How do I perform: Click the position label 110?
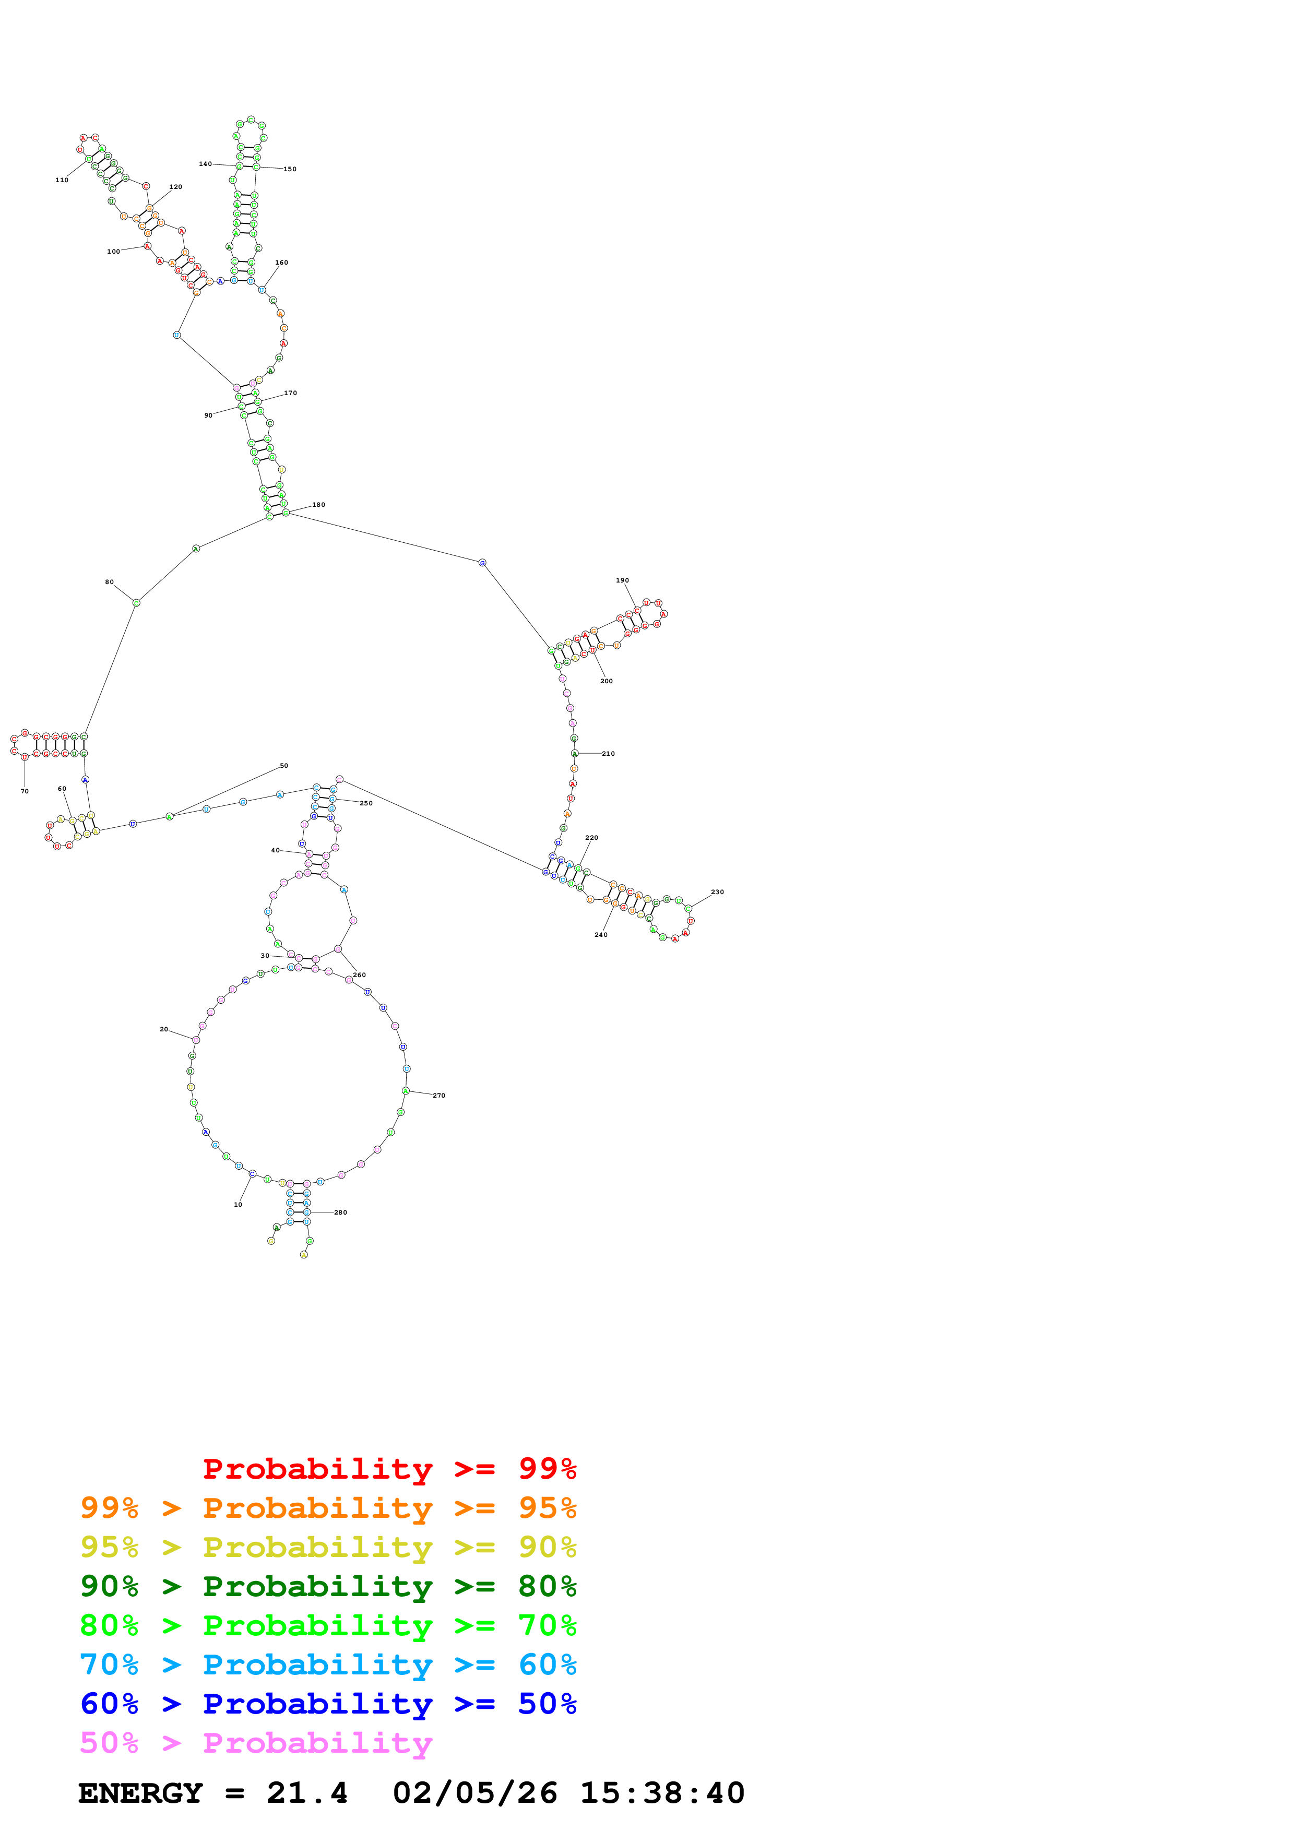[62, 180]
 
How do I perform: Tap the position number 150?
[290, 169]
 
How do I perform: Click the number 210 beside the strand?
[608, 754]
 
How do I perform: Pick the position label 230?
[718, 893]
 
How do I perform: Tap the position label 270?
[440, 1096]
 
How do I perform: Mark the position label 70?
[25, 791]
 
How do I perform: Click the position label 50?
[284, 766]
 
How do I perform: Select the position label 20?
[164, 1029]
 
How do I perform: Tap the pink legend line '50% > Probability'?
[256, 1742]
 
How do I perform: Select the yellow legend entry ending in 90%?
[328, 1547]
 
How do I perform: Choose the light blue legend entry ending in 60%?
[328, 1664]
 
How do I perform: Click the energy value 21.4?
[307, 1793]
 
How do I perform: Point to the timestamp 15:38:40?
[662, 1793]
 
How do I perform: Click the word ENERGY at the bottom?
[140, 1793]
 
